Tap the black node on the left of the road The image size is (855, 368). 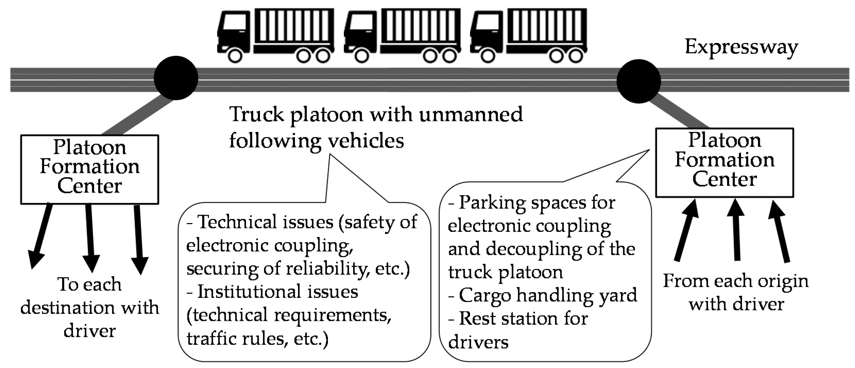pos(176,78)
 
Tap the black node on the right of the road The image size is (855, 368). pos(639,81)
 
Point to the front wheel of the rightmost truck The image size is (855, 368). pos(488,56)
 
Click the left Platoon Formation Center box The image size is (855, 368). pos(90,169)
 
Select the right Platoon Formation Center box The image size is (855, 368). pos(724,162)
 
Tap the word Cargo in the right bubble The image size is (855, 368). pos(485,295)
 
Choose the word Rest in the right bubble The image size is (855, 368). pos(475,318)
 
